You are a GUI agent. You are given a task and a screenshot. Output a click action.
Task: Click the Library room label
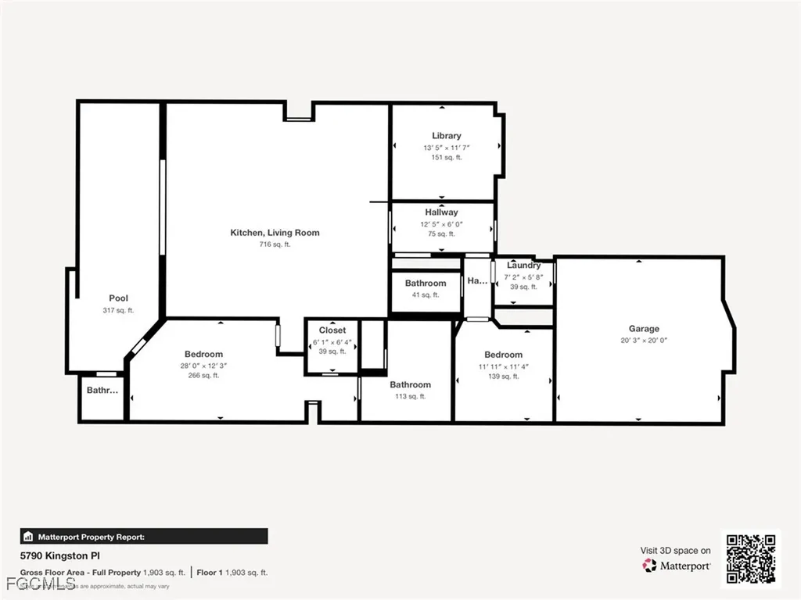(x=447, y=136)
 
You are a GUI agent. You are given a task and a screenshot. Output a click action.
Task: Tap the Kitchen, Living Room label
(x=275, y=233)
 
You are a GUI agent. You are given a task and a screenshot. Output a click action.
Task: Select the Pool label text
(x=119, y=298)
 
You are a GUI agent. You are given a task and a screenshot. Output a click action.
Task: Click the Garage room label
(x=644, y=329)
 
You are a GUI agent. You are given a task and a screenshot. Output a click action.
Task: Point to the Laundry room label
(x=523, y=266)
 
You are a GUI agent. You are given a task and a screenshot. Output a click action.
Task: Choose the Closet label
(x=332, y=330)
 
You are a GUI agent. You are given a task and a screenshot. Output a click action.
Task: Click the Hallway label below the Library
(x=442, y=212)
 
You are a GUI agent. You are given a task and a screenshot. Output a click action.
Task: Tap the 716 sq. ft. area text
(x=275, y=245)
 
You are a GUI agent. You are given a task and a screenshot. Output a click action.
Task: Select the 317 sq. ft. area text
(x=119, y=310)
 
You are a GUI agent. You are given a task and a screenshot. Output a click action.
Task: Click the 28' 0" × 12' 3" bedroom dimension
(x=203, y=366)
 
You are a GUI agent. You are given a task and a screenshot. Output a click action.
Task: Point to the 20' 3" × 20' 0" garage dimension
(x=644, y=341)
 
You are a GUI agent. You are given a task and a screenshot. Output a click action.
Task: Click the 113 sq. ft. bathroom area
(x=410, y=396)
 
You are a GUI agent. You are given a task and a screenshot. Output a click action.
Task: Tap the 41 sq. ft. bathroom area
(x=426, y=295)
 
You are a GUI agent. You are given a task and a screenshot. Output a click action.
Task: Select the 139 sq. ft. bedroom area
(x=503, y=377)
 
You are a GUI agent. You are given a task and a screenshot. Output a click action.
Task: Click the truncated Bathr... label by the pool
(x=102, y=391)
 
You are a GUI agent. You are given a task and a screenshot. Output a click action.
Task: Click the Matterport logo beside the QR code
(x=677, y=566)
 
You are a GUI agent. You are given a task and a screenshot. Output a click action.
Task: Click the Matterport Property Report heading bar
(x=144, y=537)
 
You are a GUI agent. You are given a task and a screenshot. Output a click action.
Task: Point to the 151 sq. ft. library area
(x=447, y=157)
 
